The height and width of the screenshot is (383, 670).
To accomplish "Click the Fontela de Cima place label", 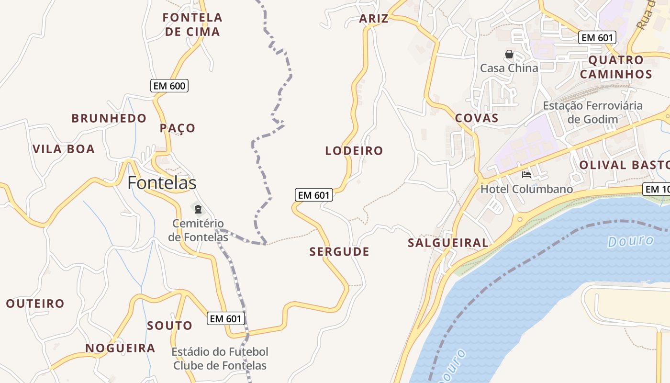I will coord(192,25).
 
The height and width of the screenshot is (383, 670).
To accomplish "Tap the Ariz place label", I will coord(374,19).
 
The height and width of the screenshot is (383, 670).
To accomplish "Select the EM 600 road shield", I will coord(169,86).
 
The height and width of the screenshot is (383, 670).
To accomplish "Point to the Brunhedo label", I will coord(109,118).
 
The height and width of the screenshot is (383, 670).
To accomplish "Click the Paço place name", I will coord(178,128).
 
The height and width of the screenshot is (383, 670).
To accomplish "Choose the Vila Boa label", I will coord(64,149).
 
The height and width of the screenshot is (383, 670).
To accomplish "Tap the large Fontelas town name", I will coord(162,183).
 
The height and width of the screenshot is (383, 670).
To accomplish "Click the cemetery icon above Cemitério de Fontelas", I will coord(198,209).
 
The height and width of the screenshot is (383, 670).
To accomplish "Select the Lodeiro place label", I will coord(354,151).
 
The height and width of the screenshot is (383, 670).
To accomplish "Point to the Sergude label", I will coord(339,252).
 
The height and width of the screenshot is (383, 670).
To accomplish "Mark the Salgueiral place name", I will coord(448,243).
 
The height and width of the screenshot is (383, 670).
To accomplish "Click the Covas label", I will coord(477,118).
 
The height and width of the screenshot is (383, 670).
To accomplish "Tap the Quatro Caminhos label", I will coord(620,67).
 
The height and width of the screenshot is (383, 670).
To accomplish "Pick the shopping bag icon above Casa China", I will coord(509,54).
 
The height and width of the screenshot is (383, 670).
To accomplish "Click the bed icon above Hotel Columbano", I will coord(526,175).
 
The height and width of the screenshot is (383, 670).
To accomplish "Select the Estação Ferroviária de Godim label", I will coord(592,112).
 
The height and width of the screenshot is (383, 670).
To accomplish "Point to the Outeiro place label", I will coord(35,304).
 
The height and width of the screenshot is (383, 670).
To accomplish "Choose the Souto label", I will coord(169,326).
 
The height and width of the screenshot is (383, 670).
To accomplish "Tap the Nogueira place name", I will coord(120,348).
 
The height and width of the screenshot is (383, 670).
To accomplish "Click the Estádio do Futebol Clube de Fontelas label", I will coord(220,359).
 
